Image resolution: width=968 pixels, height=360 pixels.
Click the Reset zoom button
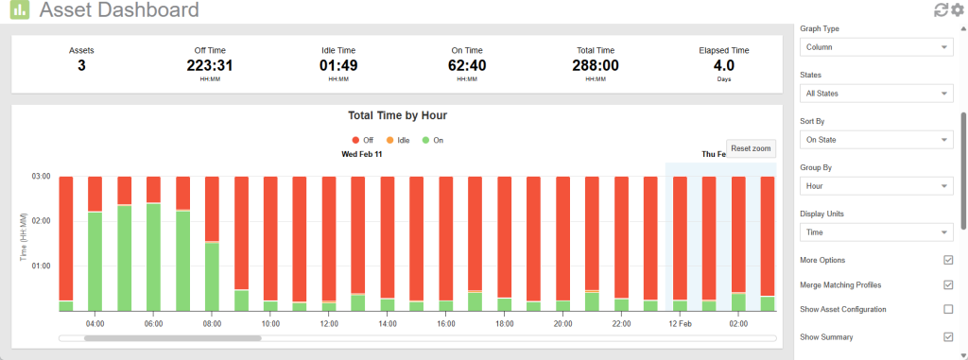pyautogui.click(x=752, y=148)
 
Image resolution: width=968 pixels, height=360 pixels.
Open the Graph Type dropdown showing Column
pyautogui.click(x=876, y=47)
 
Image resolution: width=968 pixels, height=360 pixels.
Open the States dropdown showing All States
pyautogui.click(x=876, y=94)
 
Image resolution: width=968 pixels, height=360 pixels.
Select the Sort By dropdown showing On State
pyautogui.click(x=876, y=140)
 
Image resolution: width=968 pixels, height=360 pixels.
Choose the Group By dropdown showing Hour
pyautogui.click(x=876, y=186)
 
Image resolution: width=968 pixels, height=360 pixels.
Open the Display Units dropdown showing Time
pyautogui.click(x=876, y=232)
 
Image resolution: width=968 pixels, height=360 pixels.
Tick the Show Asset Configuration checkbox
pyautogui.click(x=948, y=309)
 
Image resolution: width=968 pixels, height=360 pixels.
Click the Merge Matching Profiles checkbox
pyautogui.click(x=948, y=284)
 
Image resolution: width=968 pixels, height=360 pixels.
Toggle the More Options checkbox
pyautogui.click(x=948, y=260)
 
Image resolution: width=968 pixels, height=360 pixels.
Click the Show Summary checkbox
pyautogui.click(x=948, y=336)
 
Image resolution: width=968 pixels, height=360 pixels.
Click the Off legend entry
pyautogui.click(x=362, y=140)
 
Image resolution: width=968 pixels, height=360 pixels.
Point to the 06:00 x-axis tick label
pyautogui.click(x=153, y=324)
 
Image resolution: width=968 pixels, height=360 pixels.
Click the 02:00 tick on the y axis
pyautogui.click(x=42, y=221)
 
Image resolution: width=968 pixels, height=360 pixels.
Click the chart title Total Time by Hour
pyautogui.click(x=397, y=115)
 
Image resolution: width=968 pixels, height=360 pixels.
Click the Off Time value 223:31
pyautogui.click(x=210, y=66)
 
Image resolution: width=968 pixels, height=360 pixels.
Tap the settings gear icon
pyautogui.click(x=957, y=10)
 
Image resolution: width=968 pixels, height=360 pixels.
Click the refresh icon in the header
pyautogui.click(x=941, y=10)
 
